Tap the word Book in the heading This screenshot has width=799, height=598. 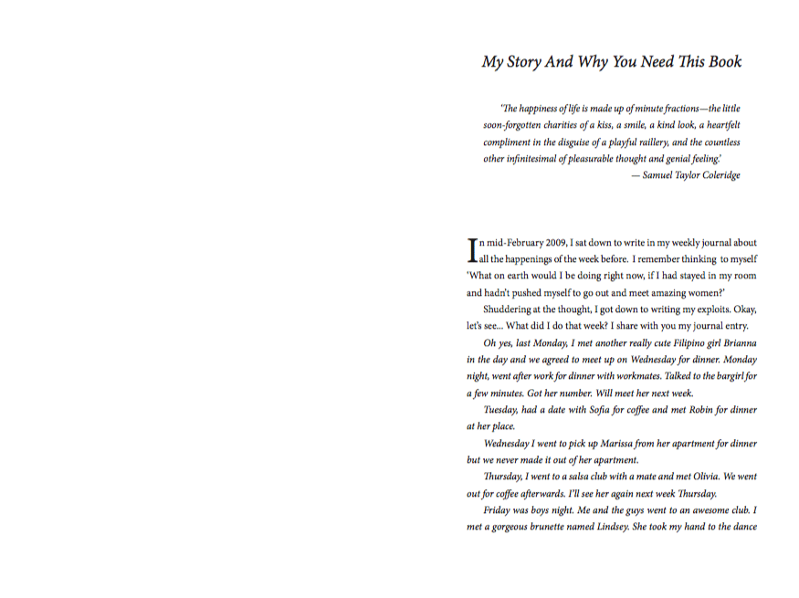[722, 62]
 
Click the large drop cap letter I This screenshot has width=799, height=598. [472, 249]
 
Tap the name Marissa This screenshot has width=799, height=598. [621, 444]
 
